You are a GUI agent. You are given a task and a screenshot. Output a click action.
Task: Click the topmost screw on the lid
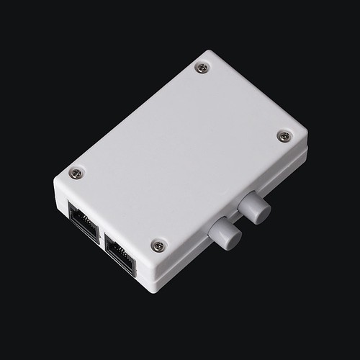click(202, 68)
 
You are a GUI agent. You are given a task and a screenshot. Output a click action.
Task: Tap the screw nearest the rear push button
click(284, 135)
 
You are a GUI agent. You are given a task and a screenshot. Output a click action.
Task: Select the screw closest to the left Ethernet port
click(76, 173)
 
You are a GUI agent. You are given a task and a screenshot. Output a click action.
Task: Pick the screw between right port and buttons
click(158, 246)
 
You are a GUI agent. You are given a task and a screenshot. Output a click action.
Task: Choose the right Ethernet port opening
click(120, 254)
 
